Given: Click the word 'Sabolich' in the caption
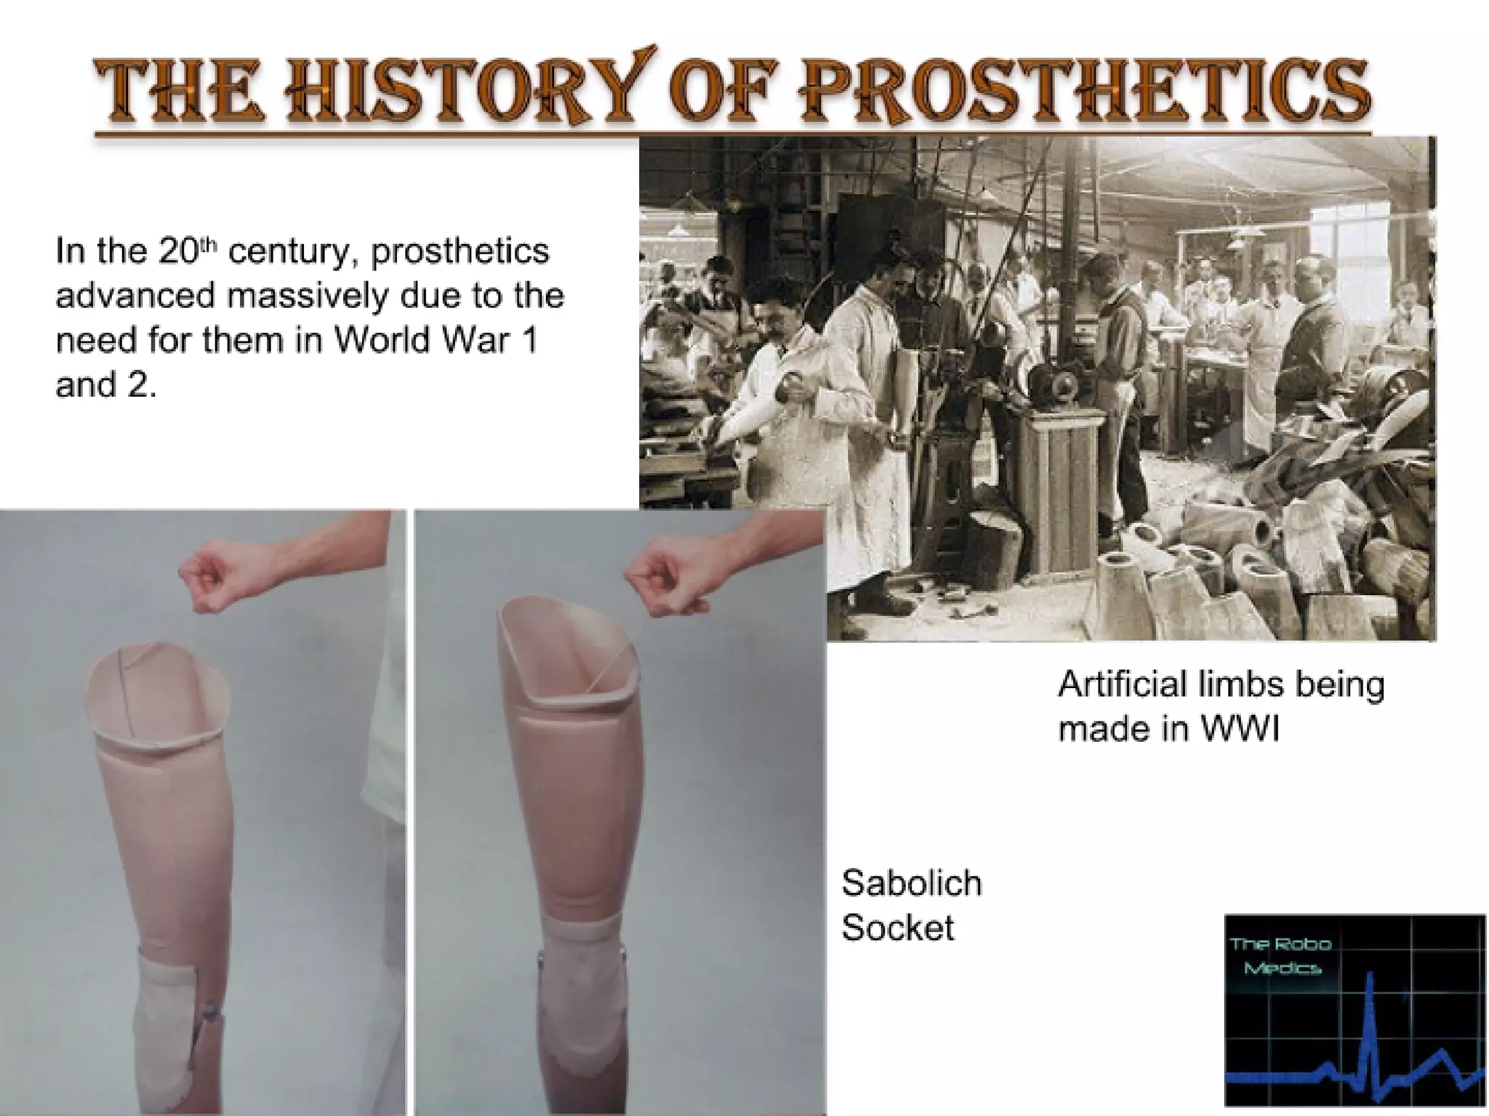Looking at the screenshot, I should coord(911,883).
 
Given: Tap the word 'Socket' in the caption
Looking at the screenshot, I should coord(897,928).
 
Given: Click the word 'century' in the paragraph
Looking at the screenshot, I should coord(292,252).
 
